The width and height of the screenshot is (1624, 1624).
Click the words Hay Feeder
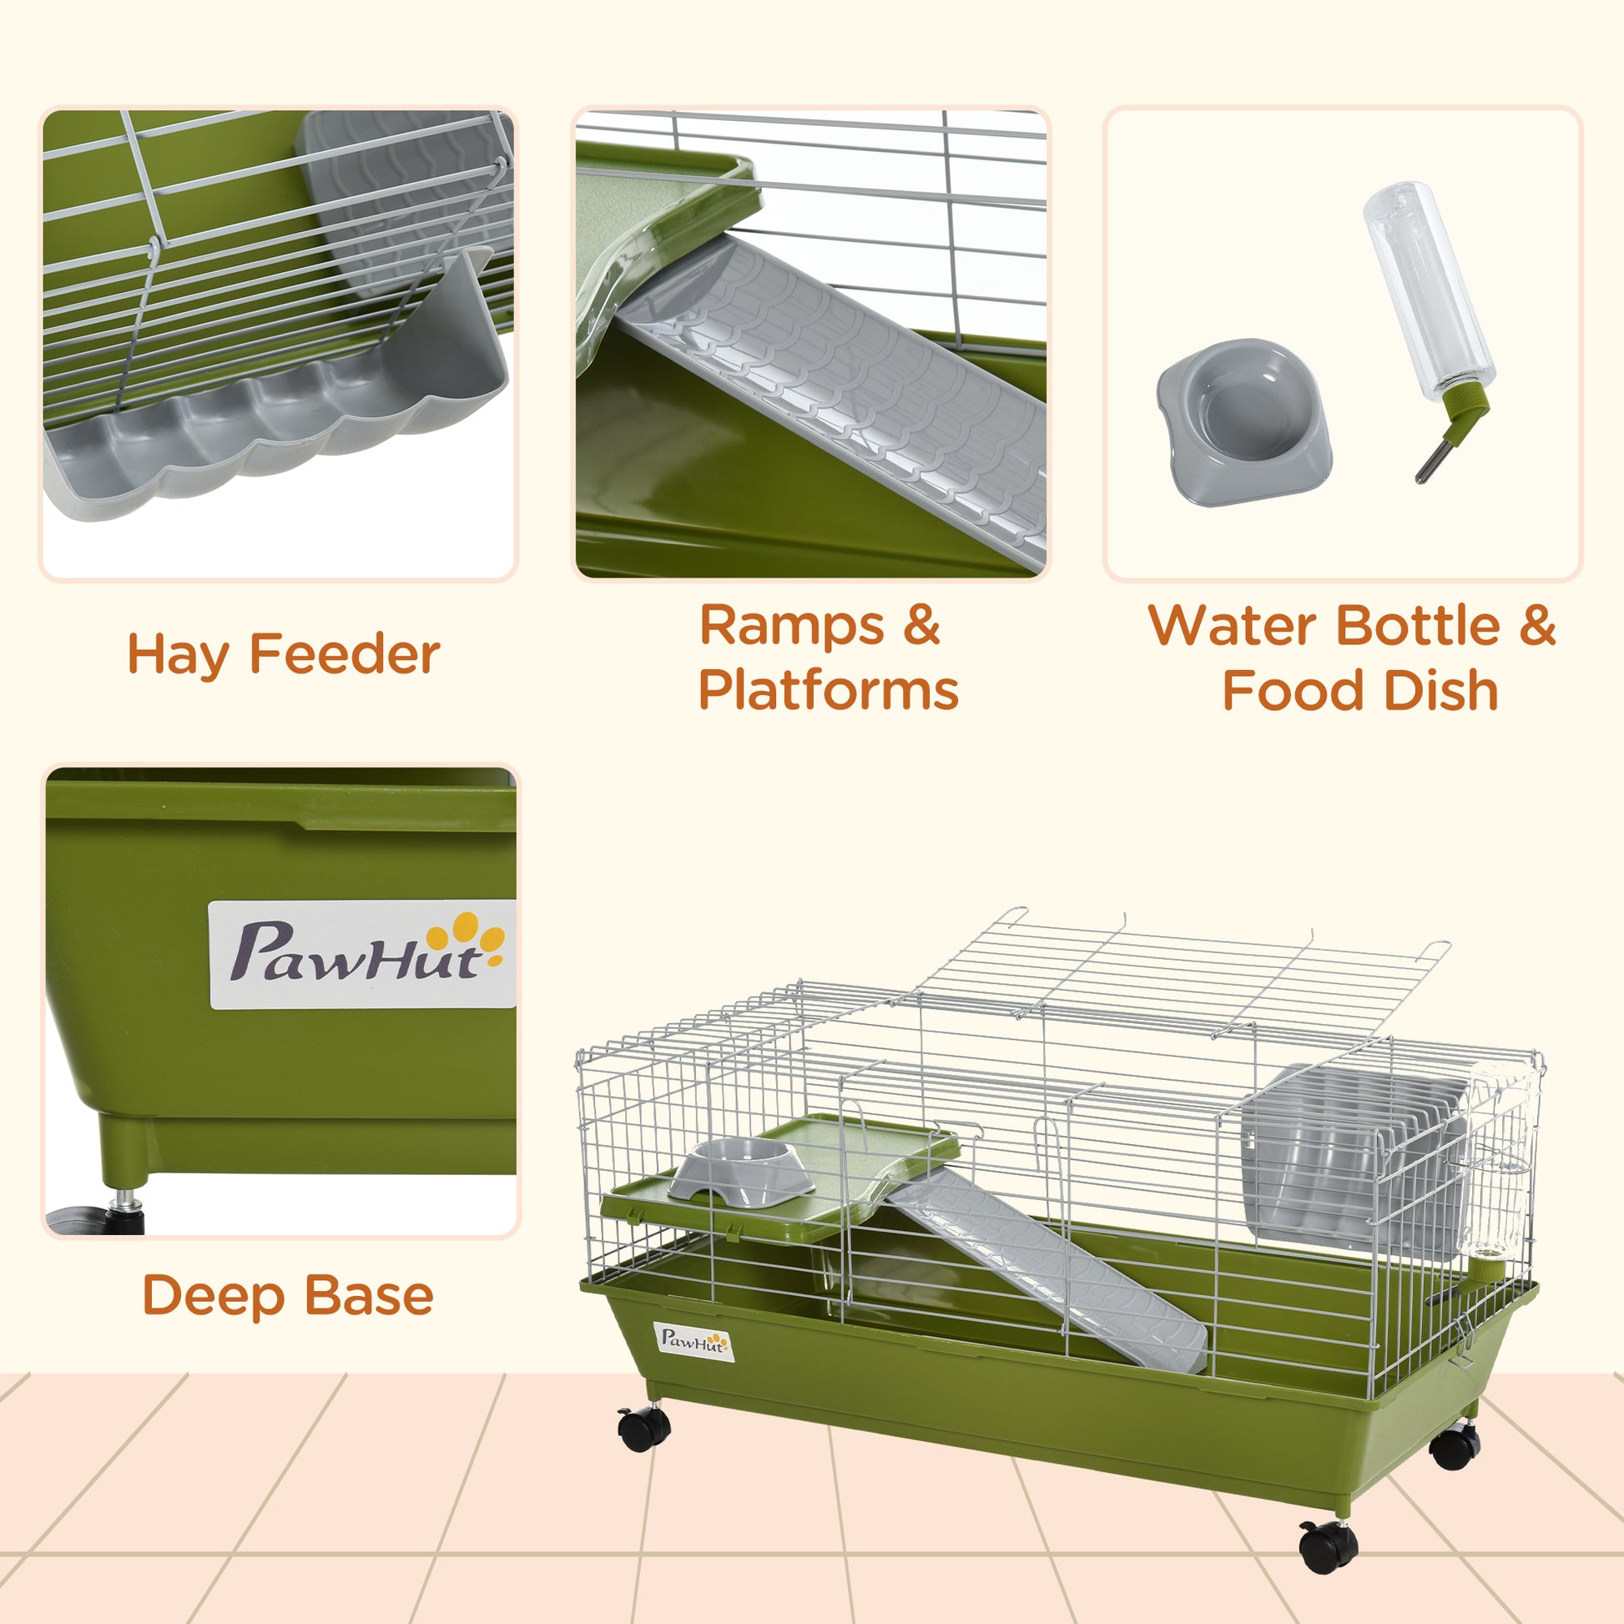(283, 655)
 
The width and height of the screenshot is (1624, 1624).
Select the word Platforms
(828, 691)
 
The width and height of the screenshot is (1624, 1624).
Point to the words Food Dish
(1359, 691)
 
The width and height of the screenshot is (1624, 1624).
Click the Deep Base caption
(287, 1295)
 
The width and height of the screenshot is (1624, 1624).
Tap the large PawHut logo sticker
(362, 954)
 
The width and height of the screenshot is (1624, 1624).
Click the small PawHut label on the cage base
(693, 1341)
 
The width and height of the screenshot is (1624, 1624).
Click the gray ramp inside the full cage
(1051, 1269)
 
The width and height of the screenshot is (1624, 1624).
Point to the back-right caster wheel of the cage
(1455, 1445)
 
